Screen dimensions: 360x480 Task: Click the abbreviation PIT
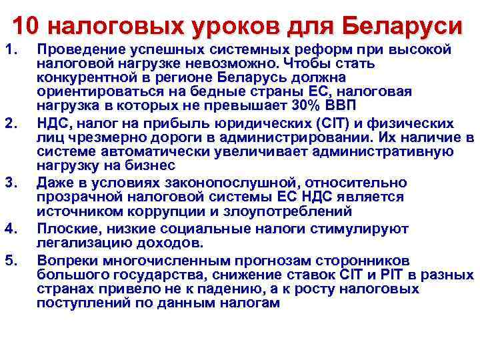(x=409, y=275)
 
